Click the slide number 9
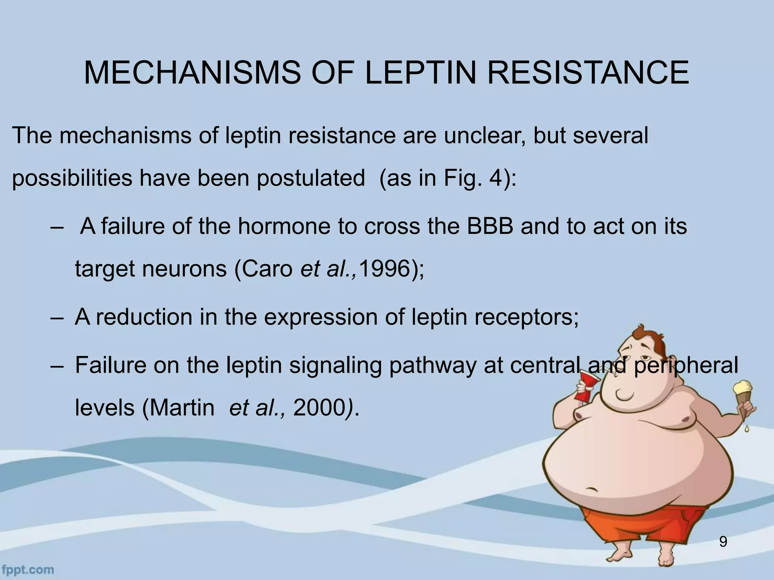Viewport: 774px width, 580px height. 723,542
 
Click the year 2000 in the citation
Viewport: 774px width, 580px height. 317,408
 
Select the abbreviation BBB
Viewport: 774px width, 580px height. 490,227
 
